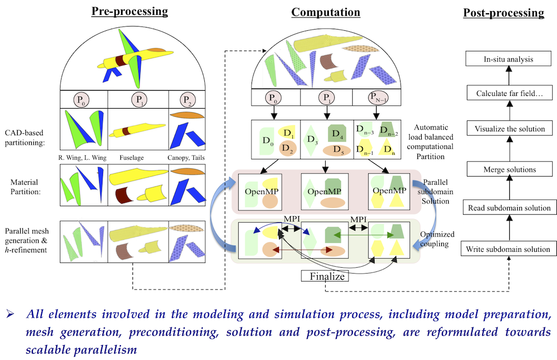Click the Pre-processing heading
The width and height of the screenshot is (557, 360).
coord(129,11)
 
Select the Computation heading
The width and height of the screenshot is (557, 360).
coord(326,12)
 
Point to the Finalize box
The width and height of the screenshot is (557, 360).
coord(325,276)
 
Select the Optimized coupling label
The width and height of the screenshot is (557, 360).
coord(440,239)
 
